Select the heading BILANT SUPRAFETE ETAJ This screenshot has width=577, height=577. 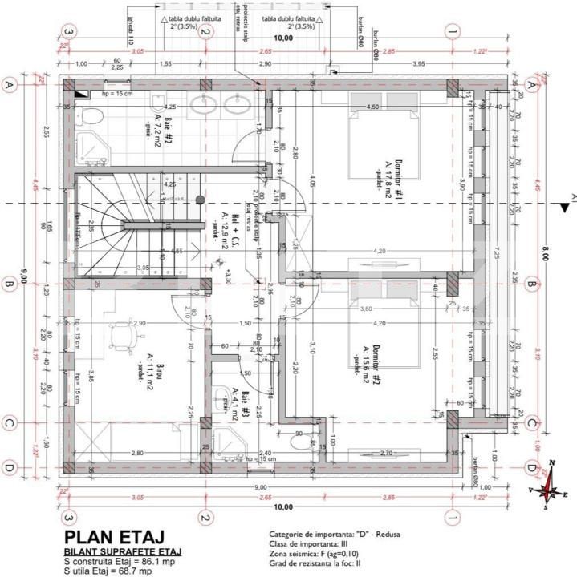pyautogui.click(x=123, y=552)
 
